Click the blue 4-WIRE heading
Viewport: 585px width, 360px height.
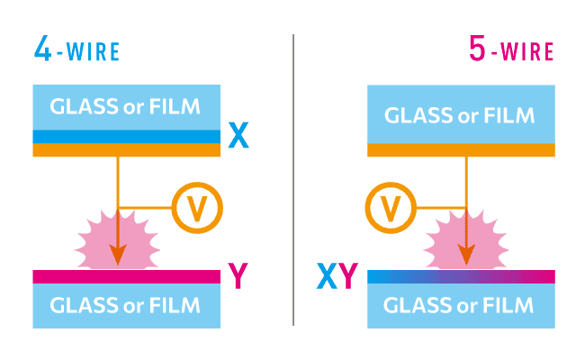pyautogui.click(x=76, y=50)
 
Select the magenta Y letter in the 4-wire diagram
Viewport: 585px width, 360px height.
pyautogui.click(x=238, y=276)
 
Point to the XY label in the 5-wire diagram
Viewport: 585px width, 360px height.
pyautogui.click(x=337, y=276)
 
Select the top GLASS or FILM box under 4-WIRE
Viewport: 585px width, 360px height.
pyautogui.click(x=126, y=107)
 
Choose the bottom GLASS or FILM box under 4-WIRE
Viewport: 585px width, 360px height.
pyautogui.click(x=126, y=305)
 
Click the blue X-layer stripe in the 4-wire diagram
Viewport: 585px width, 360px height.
pyautogui.click(x=126, y=136)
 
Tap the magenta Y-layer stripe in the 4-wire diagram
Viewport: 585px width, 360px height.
pyautogui.click(x=126, y=276)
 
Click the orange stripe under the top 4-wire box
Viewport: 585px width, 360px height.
pyautogui.click(x=126, y=150)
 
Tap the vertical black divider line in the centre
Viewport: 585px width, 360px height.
pyautogui.click(x=293, y=180)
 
